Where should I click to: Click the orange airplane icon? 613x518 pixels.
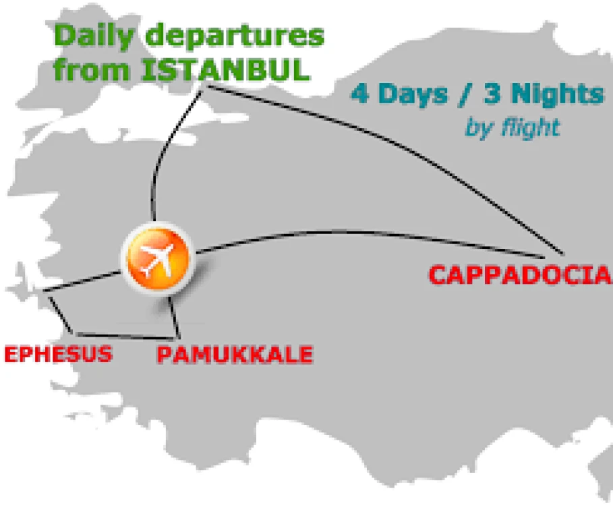[156, 259]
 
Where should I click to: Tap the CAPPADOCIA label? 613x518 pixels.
[520, 276]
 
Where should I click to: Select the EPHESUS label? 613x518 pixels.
[58, 353]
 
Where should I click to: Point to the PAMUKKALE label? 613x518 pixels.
[235, 354]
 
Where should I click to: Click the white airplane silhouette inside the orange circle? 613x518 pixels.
[156, 259]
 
